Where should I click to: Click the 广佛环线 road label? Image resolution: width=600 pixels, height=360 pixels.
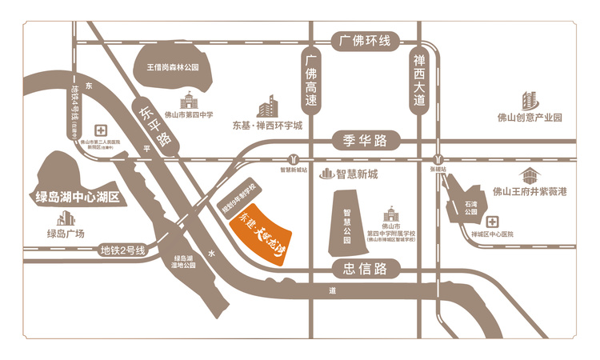pos(364,40)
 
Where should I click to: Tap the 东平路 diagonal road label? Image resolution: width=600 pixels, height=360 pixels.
pos(154,125)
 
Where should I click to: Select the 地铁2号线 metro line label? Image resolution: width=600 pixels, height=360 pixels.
pos(122,251)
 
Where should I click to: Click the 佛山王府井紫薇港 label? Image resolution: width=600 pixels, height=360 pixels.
pos(530,192)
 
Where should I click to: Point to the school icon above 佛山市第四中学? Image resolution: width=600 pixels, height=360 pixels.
pos(189,100)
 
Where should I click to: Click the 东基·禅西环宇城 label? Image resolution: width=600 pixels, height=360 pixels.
pos(268,126)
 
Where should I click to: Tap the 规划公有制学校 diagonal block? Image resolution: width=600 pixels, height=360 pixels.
pos(238,200)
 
